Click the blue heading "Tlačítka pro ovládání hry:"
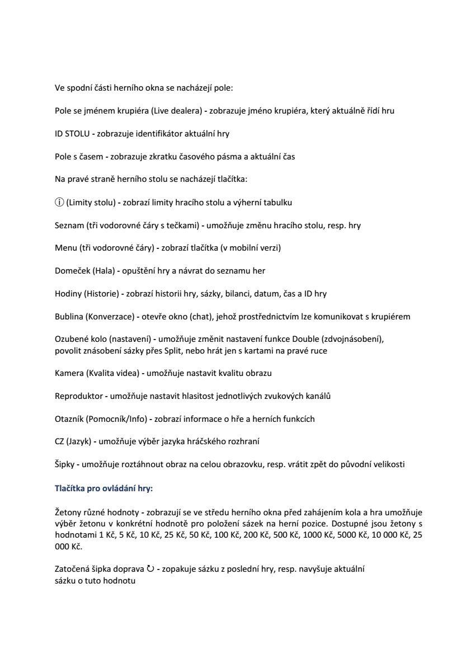tap(103, 488)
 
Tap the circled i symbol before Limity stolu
tap(59, 203)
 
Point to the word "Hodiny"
tap(67, 294)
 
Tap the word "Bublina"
tap(69, 317)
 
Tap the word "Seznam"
tap(69, 225)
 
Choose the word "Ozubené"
tap(70, 340)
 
